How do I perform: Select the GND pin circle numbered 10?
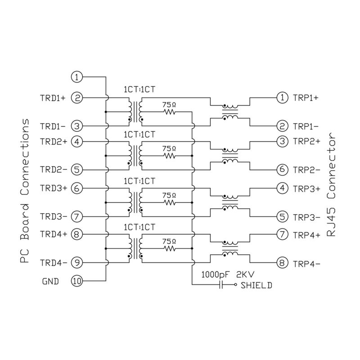pos(77,282)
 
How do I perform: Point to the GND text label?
pos(50,282)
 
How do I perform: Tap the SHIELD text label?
pos(256,285)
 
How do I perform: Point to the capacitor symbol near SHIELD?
pos(221,285)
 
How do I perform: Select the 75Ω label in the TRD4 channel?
pos(169,241)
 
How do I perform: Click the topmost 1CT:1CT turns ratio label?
pos(139,90)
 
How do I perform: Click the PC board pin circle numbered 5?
pos(77,170)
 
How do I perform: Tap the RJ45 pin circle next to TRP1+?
pos(282,97)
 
